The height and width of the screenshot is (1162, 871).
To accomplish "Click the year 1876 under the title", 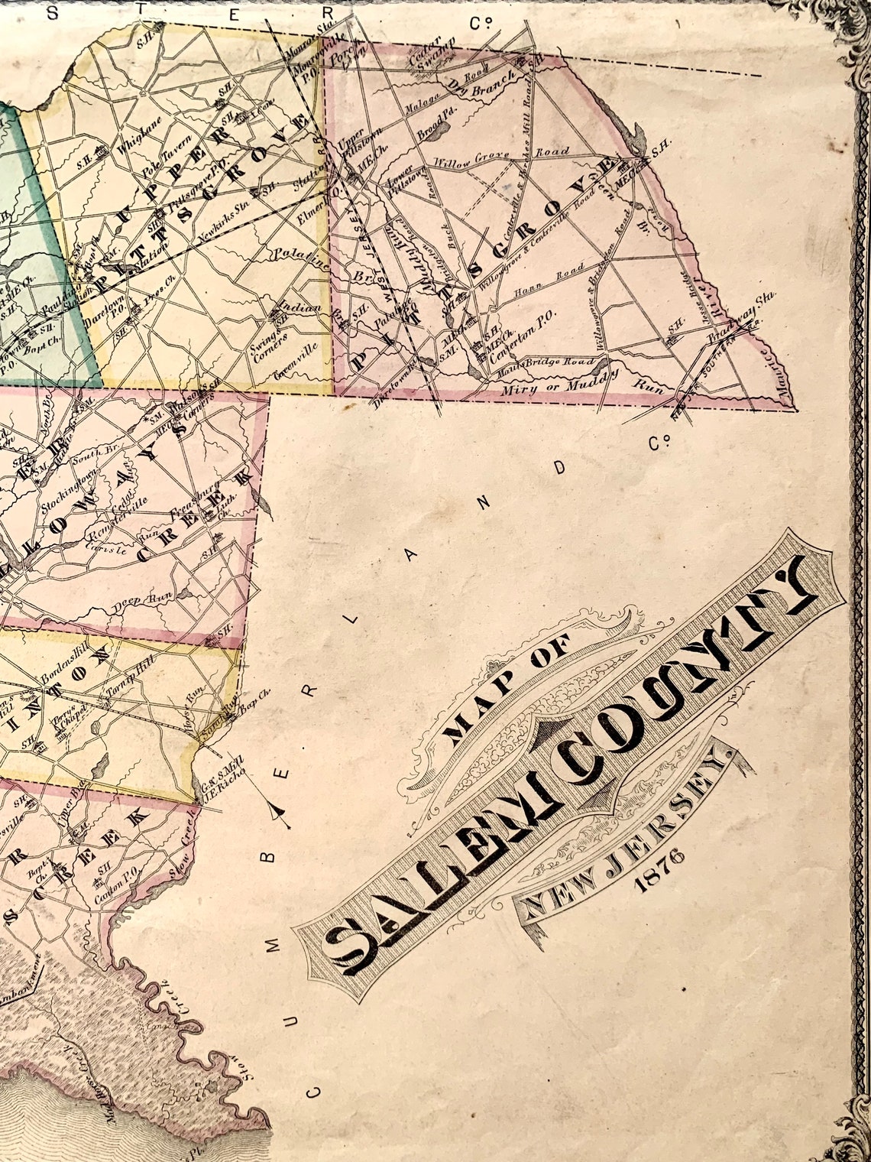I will click(658, 871).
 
